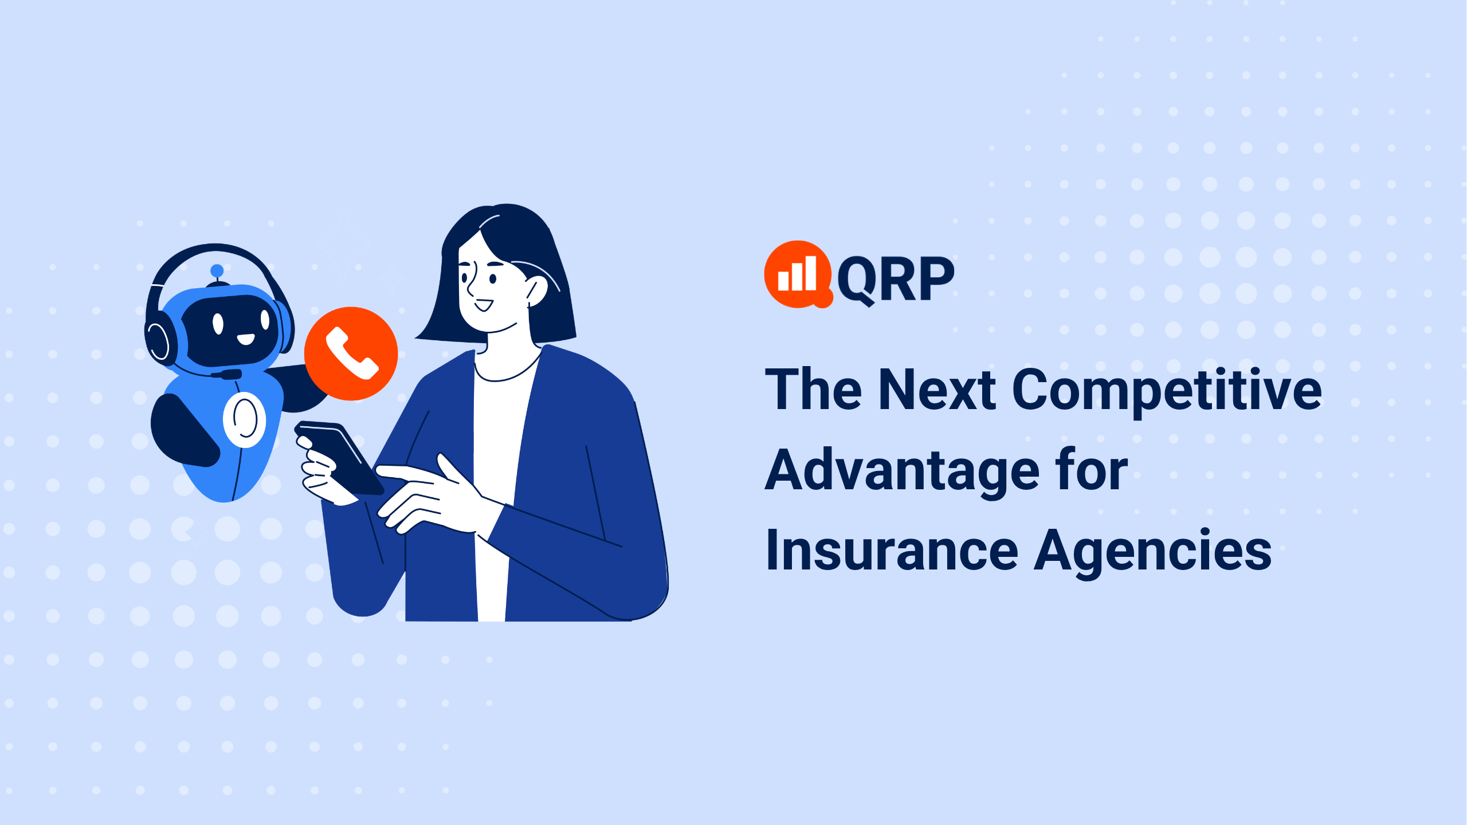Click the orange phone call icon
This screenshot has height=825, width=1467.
[351, 353]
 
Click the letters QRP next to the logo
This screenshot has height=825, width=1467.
[896, 279]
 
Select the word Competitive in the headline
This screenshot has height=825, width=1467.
[1167, 391]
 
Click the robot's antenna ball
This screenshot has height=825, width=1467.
[217, 270]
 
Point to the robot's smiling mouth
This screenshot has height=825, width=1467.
[246, 340]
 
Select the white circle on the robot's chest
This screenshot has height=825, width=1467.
[245, 420]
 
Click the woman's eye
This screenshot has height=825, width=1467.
[493, 279]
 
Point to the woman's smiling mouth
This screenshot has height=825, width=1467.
[484, 305]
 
